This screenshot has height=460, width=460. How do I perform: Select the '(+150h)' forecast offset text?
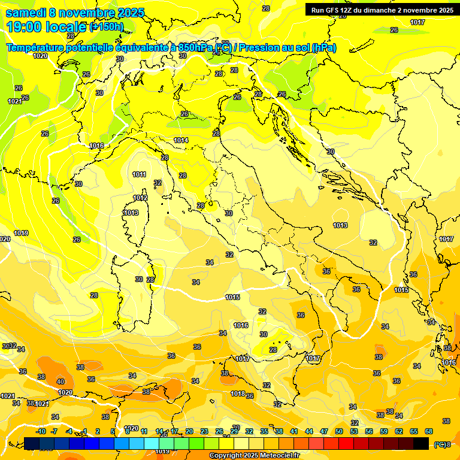[106, 26]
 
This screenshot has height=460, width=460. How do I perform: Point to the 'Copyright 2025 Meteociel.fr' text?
[254, 455]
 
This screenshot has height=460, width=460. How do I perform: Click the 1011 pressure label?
[139, 174]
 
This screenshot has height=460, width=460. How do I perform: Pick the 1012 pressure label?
[140, 198]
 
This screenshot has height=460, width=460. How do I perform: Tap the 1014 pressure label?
[181, 140]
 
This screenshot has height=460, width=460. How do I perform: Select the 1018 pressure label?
[238, 394]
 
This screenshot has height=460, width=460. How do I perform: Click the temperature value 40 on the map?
[60, 382]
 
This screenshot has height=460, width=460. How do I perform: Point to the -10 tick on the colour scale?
[41, 431]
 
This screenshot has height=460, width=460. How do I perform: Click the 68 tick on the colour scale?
[429, 431]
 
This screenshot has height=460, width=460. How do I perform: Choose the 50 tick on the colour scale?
[339, 431]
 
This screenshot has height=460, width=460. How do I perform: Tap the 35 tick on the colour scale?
[264, 431]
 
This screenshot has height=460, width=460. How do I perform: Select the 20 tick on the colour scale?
[189, 431]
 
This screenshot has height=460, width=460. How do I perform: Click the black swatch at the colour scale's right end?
[421, 443]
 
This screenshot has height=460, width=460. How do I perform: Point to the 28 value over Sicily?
[273, 350]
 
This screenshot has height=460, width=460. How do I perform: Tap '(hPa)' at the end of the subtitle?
[324, 48]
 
